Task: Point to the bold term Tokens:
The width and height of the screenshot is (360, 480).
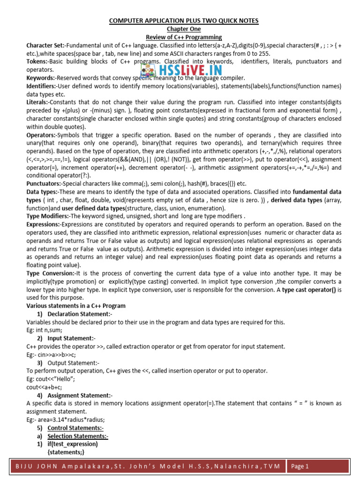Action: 37,61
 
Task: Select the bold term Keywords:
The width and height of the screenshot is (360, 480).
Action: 41,77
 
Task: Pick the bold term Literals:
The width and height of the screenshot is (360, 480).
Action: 38,102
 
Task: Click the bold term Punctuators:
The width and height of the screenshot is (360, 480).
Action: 45,184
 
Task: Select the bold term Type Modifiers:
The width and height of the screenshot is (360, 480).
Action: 48,216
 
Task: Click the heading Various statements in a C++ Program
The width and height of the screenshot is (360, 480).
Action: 76,306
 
